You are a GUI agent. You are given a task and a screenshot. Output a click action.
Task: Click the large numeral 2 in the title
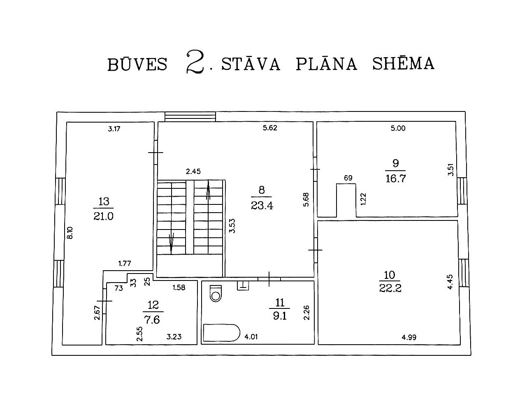195,62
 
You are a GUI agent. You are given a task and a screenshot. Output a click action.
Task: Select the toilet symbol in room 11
216,293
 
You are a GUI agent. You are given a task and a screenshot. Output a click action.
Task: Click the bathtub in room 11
222,333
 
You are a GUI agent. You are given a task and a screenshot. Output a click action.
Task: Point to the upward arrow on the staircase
208,190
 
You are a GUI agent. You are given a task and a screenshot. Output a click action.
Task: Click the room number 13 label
104,201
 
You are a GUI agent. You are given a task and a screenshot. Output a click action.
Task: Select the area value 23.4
262,206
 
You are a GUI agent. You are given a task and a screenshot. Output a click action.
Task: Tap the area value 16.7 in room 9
396,179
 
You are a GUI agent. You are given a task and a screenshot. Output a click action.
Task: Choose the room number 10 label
390,275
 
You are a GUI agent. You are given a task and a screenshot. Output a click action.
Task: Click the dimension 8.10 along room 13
70,233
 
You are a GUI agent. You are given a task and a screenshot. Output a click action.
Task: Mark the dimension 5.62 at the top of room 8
270,128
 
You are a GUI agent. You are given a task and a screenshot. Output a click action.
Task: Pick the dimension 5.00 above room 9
398,128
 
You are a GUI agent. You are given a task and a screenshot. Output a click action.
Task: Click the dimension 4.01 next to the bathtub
251,337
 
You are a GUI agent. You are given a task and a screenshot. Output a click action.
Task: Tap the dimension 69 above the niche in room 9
348,178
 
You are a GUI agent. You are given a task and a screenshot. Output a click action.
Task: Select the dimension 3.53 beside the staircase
232,226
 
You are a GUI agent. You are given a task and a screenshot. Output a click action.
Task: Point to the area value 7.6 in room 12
152,320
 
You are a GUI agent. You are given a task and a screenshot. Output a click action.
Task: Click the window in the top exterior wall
190,117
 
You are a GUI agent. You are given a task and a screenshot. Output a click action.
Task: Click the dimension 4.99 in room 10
409,337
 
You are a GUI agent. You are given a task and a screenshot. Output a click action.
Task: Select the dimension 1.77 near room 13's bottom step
125,263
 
